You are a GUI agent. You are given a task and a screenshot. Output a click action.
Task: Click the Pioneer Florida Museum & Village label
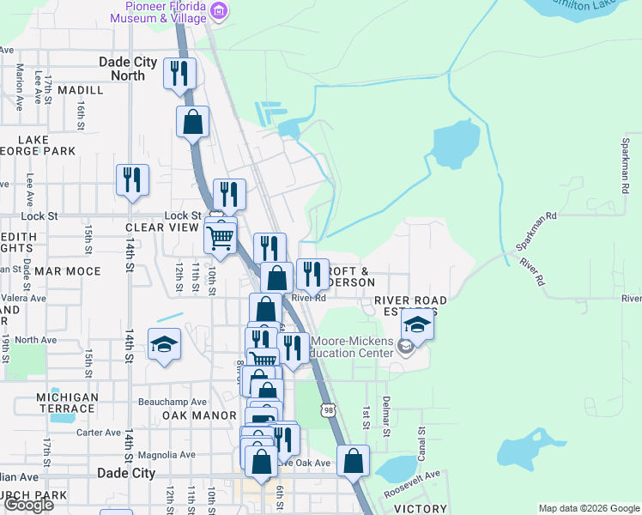point(161,11)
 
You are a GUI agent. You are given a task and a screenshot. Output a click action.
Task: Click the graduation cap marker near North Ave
point(164,345)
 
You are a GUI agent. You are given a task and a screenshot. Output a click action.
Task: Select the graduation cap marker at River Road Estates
point(417,324)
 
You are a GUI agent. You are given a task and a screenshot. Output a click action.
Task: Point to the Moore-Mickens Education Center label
point(352,347)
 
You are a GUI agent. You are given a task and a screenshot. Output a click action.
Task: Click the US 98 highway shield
point(328,410)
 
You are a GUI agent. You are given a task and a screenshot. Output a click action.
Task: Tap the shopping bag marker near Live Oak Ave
point(354,460)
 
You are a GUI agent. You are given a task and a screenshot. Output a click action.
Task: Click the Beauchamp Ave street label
point(173,402)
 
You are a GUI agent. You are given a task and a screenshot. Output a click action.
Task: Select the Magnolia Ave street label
point(167,455)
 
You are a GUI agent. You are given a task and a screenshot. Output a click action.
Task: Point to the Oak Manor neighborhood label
point(199,415)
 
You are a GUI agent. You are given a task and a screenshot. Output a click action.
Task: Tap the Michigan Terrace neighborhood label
point(67,403)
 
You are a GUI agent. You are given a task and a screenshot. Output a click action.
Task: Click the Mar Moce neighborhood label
point(68,271)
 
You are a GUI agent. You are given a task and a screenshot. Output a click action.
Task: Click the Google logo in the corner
point(27,505)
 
